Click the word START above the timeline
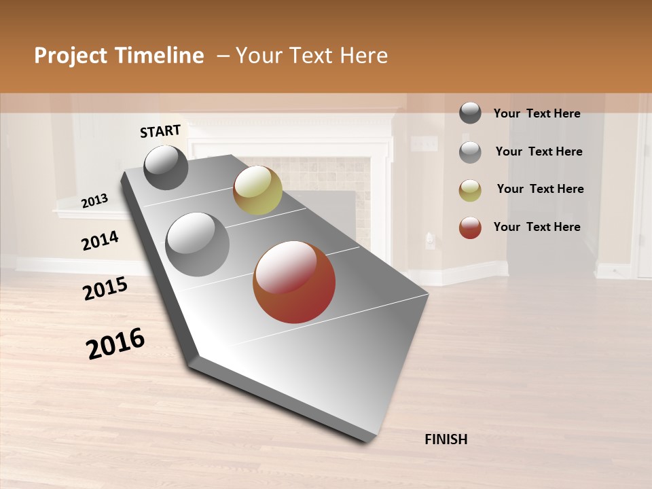tap(160, 131)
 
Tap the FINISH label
tap(446, 439)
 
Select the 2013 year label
tap(94, 201)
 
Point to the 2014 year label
tap(100, 241)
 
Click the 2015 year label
tap(105, 289)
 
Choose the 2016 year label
tap(115, 344)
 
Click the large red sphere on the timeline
tap(294, 282)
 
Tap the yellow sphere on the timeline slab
tap(257, 190)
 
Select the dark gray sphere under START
tap(166, 167)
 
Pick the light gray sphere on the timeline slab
tap(198, 244)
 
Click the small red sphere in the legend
tap(470, 228)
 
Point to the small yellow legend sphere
tap(470, 190)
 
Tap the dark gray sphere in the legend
tap(470, 113)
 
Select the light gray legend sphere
tap(470, 152)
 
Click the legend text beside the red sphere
tap(537, 227)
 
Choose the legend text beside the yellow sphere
tap(540, 189)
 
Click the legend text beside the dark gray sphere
tap(537, 113)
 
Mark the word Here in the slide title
tap(363, 56)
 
